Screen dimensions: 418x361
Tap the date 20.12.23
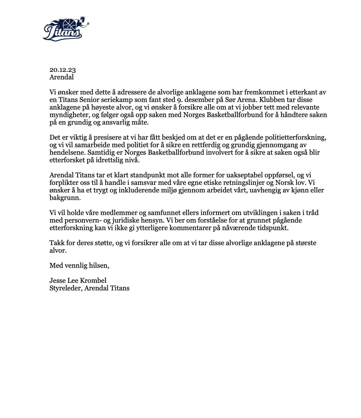coord(63,70)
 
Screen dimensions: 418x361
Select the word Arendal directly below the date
coord(62,77)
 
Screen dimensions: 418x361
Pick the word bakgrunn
coord(65,198)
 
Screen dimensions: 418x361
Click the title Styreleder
coord(66,288)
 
